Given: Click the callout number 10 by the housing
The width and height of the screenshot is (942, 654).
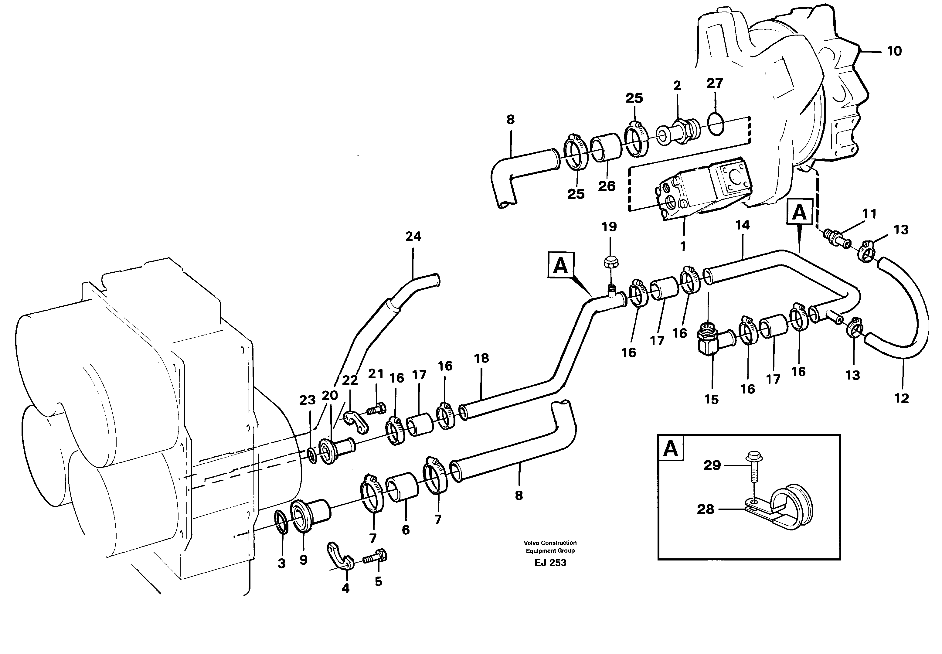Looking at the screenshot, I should point(894,52).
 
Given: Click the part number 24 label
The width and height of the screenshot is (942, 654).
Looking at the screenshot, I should point(413,237).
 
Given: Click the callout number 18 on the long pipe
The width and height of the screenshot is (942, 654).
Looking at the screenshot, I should point(481,359).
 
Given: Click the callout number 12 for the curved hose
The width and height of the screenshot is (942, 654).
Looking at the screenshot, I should point(901,398).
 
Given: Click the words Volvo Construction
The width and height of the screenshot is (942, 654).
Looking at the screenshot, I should point(550,543).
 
